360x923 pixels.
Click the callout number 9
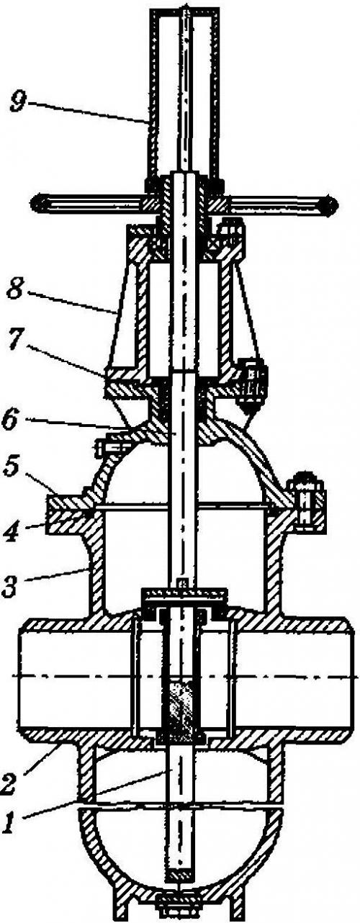pos(19,102)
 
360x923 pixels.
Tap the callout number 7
pos(15,341)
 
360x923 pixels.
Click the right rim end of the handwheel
pos(330,204)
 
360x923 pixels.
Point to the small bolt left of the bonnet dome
pos(108,449)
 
